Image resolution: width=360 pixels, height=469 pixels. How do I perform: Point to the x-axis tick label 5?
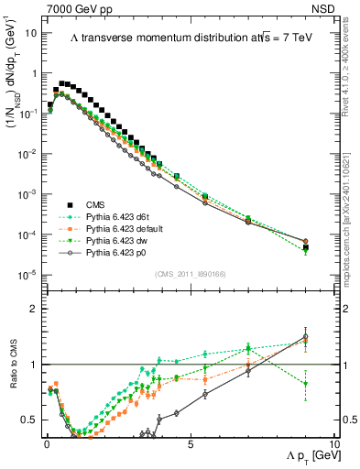(x=190, y=442)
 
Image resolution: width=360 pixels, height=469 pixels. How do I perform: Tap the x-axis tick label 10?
(x=333, y=442)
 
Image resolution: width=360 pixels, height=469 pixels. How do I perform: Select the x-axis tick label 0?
(x=46, y=442)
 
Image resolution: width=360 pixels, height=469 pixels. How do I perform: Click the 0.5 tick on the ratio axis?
(x=29, y=420)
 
